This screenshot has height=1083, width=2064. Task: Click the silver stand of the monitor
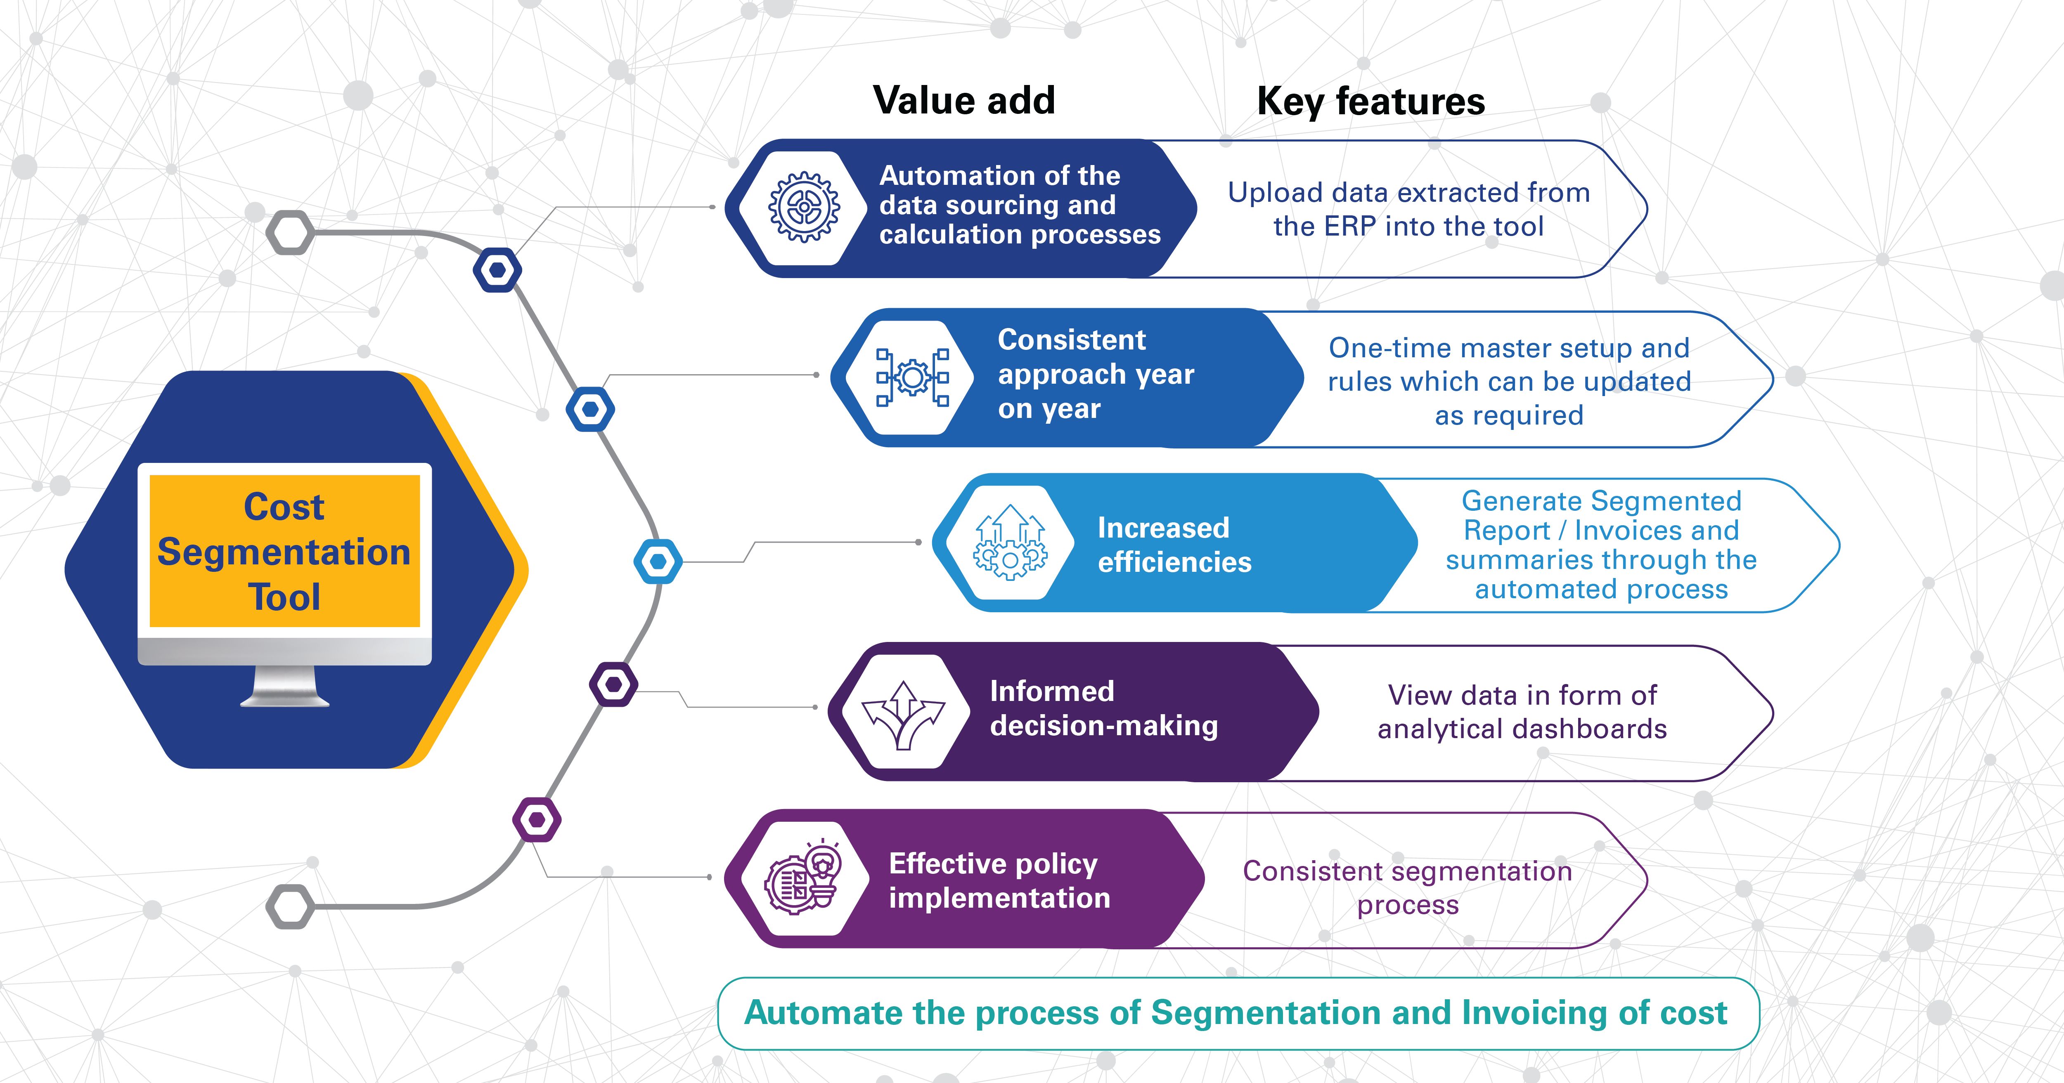284,687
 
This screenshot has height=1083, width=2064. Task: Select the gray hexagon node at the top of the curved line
290,233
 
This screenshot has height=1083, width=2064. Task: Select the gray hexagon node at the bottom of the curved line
290,907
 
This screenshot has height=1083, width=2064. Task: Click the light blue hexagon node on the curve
658,562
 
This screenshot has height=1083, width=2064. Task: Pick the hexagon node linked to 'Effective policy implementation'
537,819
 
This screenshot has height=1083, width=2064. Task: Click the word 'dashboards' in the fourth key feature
1591,729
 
